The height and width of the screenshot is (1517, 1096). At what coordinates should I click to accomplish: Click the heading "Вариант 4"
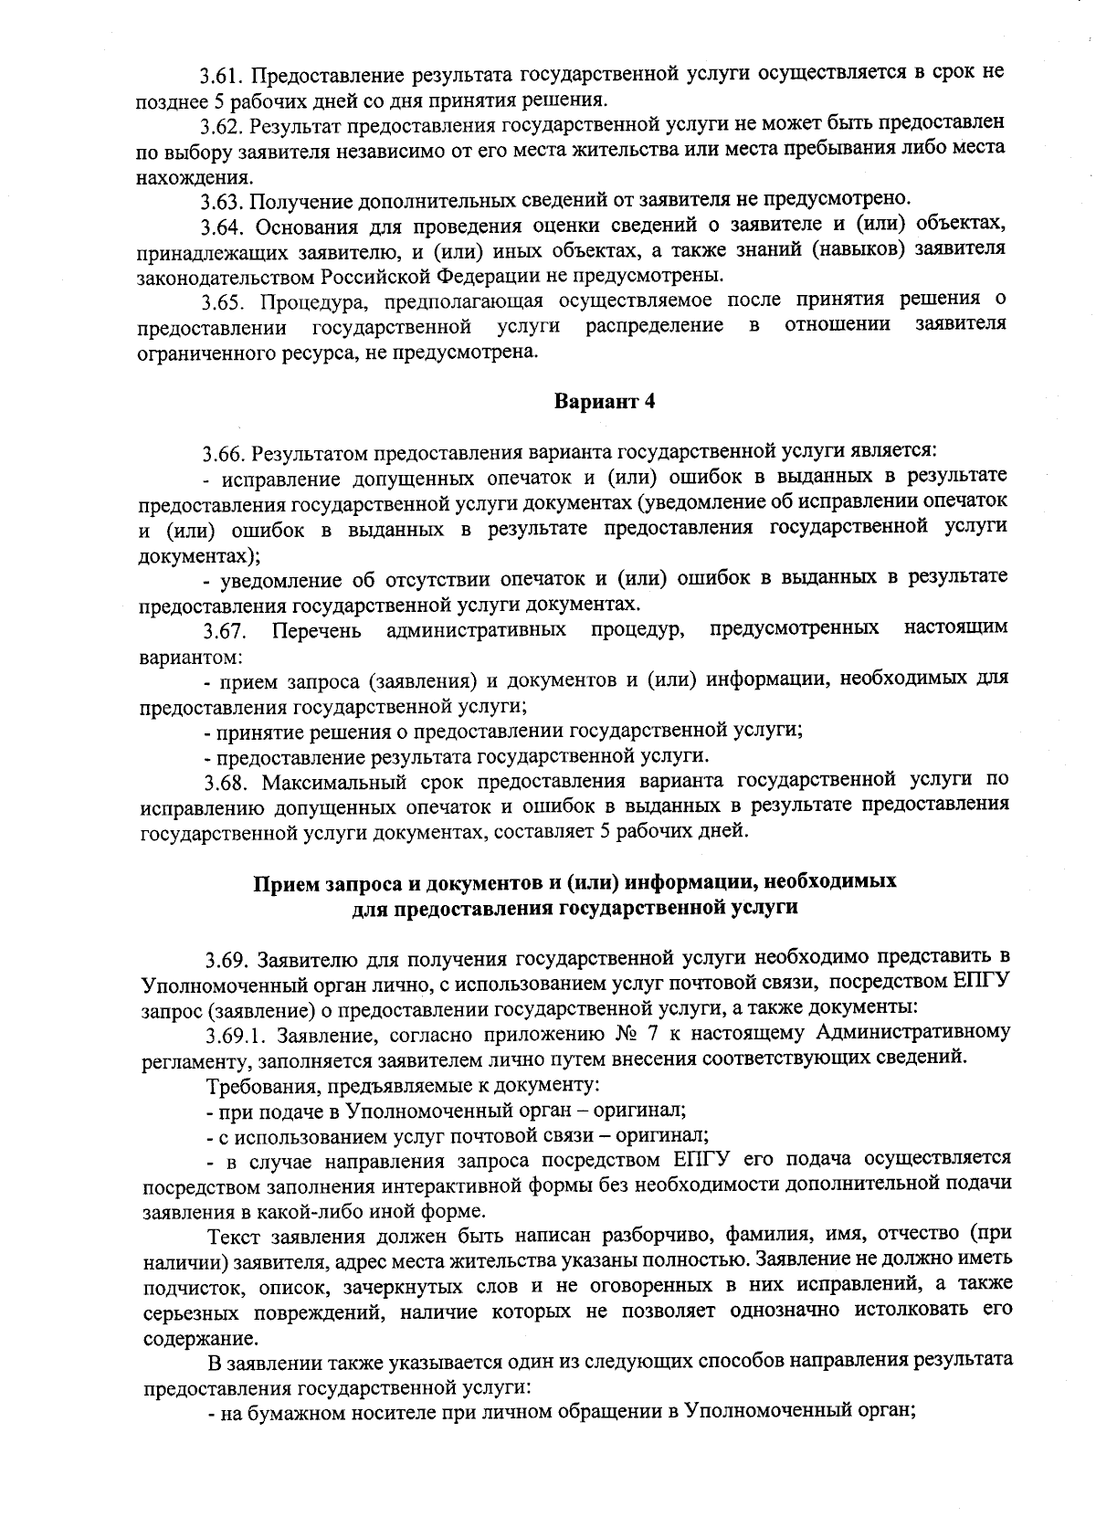(605, 400)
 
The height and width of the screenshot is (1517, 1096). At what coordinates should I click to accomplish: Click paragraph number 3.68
(227, 782)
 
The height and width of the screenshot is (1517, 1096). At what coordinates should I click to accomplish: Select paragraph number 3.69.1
(236, 1035)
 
